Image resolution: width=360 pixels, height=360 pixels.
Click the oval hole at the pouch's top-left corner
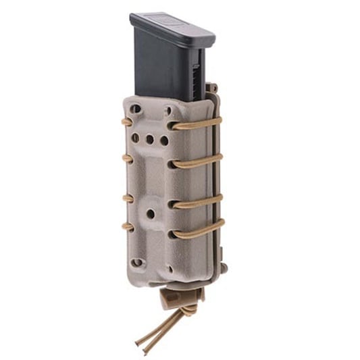click(136, 108)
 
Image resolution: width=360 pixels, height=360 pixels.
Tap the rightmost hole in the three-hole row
click(164, 142)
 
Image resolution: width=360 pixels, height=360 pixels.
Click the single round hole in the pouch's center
click(151, 213)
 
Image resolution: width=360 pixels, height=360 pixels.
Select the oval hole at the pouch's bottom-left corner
click(137, 262)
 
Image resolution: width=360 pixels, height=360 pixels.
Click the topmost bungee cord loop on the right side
click(196, 124)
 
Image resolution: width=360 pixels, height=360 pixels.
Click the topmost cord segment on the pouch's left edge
click(126, 122)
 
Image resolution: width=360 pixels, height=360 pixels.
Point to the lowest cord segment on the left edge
click(126, 226)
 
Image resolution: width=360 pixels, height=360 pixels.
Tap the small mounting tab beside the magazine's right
click(212, 88)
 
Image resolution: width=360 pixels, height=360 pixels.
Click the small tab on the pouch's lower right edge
click(224, 268)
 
